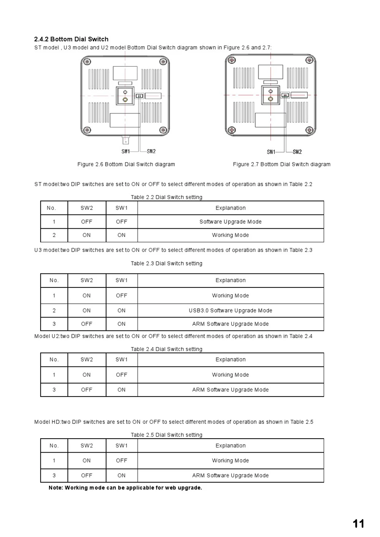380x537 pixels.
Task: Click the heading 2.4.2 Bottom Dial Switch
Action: (x=71, y=39)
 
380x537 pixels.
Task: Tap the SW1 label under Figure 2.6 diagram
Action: (x=125, y=151)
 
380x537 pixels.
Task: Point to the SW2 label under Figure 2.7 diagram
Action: (x=297, y=152)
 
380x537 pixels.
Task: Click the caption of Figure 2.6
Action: (x=126, y=164)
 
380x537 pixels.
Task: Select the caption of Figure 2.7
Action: (x=282, y=164)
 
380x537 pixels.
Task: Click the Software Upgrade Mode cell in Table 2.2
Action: (x=230, y=222)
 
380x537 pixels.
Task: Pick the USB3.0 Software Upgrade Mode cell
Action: (x=230, y=311)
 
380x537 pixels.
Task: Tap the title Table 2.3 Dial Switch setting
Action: (x=166, y=264)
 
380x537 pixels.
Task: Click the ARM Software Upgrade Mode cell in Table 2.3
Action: (x=230, y=324)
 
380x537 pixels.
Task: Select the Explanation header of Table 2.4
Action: (x=230, y=360)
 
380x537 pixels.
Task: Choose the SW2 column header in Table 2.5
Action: (x=87, y=446)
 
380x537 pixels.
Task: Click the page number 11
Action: (x=358, y=524)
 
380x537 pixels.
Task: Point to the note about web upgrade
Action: (x=125, y=488)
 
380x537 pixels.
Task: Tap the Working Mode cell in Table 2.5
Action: (x=230, y=461)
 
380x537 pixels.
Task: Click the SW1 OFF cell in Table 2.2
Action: (x=122, y=222)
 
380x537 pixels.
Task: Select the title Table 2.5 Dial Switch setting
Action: (x=166, y=435)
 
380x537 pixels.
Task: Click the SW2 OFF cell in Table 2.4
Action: (x=87, y=390)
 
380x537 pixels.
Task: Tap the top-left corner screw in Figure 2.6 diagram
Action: (x=87, y=62)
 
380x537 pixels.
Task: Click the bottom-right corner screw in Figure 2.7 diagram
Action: (x=310, y=130)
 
